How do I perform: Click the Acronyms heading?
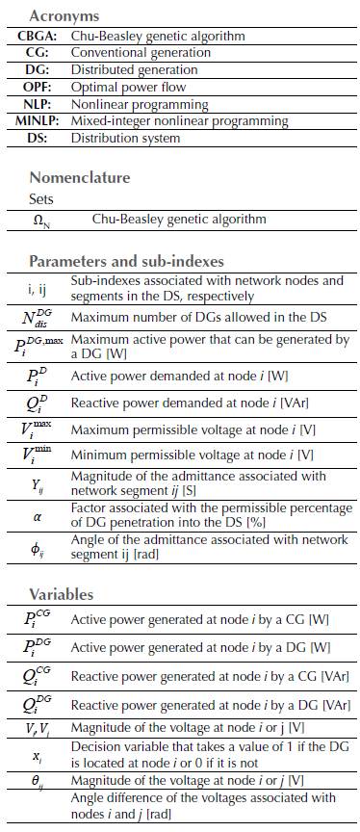[64, 16]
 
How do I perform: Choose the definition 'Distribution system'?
[126, 138]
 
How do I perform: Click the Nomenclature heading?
[80, 177]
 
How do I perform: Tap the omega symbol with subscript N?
[41, 220]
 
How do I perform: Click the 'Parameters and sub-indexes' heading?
[126, 262]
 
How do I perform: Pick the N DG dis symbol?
[40, 318]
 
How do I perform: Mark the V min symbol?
[41, 455]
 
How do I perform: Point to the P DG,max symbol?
[38, 342]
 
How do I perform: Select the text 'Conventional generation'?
[141, 53]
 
